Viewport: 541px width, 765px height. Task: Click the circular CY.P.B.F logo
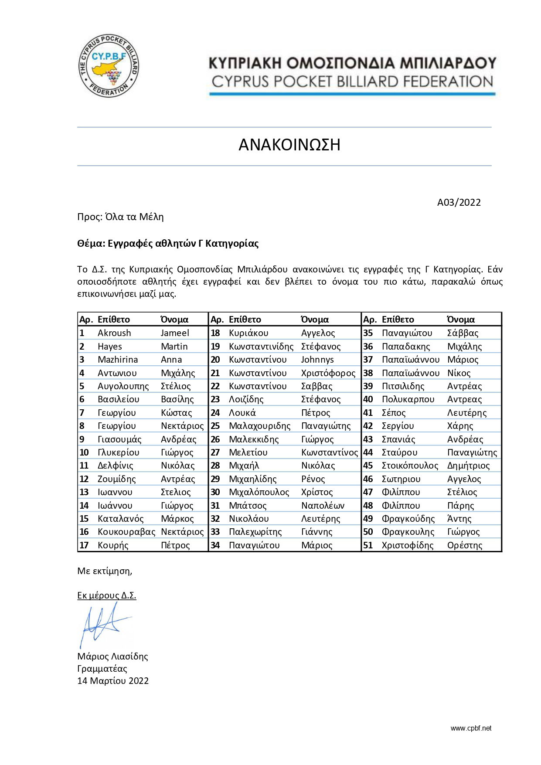[x=109, y=66]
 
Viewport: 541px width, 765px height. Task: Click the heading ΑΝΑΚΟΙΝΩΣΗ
[x=289, y=145]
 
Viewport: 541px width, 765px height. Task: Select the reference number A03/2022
[x=459, y=202]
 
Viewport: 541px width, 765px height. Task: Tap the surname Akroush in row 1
[x=114, y=333]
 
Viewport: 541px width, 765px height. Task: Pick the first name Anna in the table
[x=171, y=360]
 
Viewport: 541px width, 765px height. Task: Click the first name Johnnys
[x=317, y=360]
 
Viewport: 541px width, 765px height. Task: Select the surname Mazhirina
[x=118, y=360]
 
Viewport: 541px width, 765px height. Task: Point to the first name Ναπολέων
[x=323, y=506]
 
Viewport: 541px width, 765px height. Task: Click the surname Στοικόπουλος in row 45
[x=410, y=466]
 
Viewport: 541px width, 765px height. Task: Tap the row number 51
[x=368, y=545]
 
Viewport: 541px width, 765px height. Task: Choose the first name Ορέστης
[x=465, y=545]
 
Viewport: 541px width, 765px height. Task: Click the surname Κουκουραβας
[x=126, y=532]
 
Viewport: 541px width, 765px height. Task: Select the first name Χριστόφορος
[x=328, y=373]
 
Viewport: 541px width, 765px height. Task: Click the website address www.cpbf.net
[x=471, y=728]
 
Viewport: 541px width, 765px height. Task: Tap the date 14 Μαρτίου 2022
[x=113, y=681]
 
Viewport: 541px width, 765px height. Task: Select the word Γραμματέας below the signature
[x=102, y=669]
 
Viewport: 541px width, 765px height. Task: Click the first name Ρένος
[x=313, y=479]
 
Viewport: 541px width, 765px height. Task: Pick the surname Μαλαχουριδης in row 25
[x=259, y=426]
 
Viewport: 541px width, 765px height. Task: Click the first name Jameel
[x=175, y=333]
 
